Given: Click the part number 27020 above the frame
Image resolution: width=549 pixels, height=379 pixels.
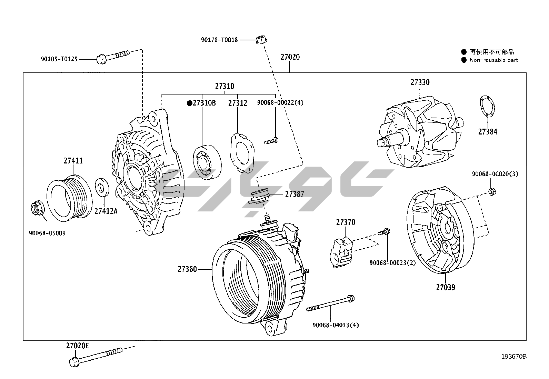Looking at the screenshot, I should pos(290,57).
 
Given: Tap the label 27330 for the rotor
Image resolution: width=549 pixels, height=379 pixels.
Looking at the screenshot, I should pos(420,82).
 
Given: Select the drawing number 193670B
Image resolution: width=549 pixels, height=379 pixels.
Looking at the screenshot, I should pos(513,357).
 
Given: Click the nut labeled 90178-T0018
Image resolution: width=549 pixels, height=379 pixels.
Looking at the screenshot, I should pos(261,40).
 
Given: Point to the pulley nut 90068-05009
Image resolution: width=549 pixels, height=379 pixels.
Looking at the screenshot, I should pos(37,208).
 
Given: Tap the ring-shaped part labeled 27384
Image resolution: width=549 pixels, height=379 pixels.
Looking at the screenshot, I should pos(487,106).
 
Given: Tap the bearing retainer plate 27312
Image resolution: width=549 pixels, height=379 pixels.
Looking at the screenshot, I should pos(242,152).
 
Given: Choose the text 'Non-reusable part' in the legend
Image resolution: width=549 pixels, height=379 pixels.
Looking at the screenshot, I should pos(493,60).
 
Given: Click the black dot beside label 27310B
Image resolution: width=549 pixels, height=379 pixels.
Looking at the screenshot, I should pos(189,103).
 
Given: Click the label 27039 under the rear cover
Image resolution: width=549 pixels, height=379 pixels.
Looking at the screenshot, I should pos(445,287).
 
